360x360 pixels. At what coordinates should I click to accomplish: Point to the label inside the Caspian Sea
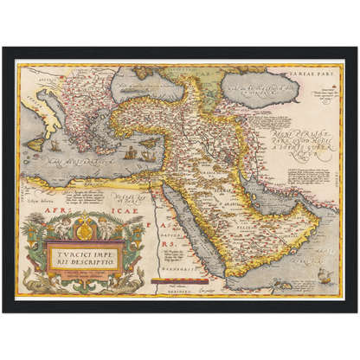pos(256,89)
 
